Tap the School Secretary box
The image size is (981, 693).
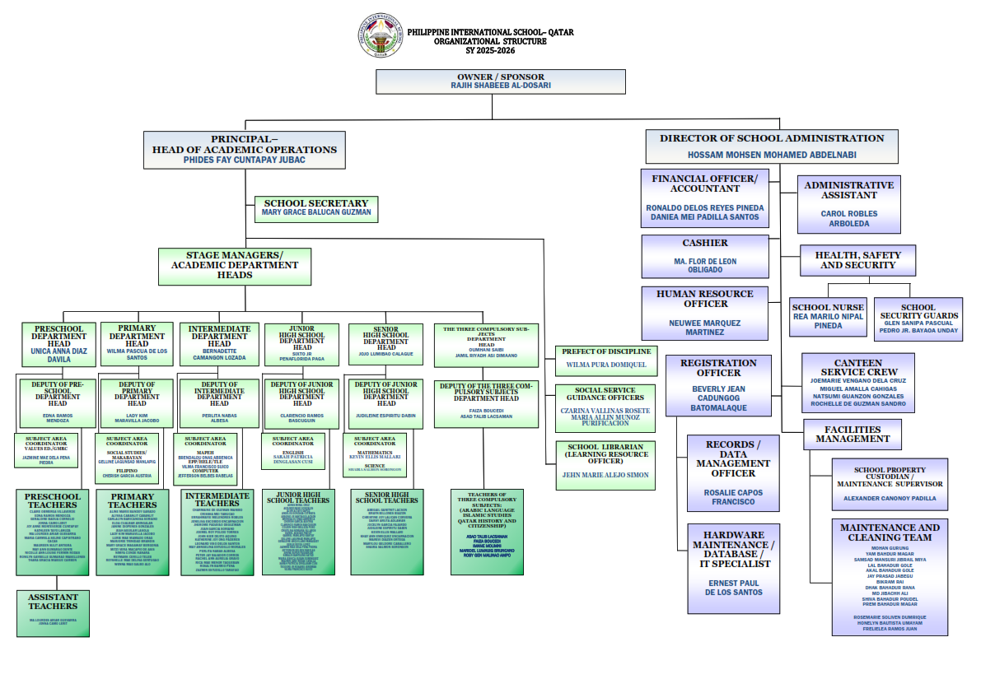[x=316, y=208]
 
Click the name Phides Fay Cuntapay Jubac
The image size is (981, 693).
[x=244, y=160]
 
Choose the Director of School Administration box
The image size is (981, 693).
[x=772, y=146]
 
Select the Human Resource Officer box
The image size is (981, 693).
[x=705, y=312]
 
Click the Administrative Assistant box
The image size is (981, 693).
[x=848, y=204]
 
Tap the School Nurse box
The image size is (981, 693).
[x=828, y=317]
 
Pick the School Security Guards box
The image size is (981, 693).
[x=918, y=318]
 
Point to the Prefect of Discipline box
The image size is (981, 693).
[x=607, y=358]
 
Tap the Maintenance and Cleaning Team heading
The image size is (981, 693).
[x=890, y=533]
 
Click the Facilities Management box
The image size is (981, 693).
[x=853, y=435]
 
